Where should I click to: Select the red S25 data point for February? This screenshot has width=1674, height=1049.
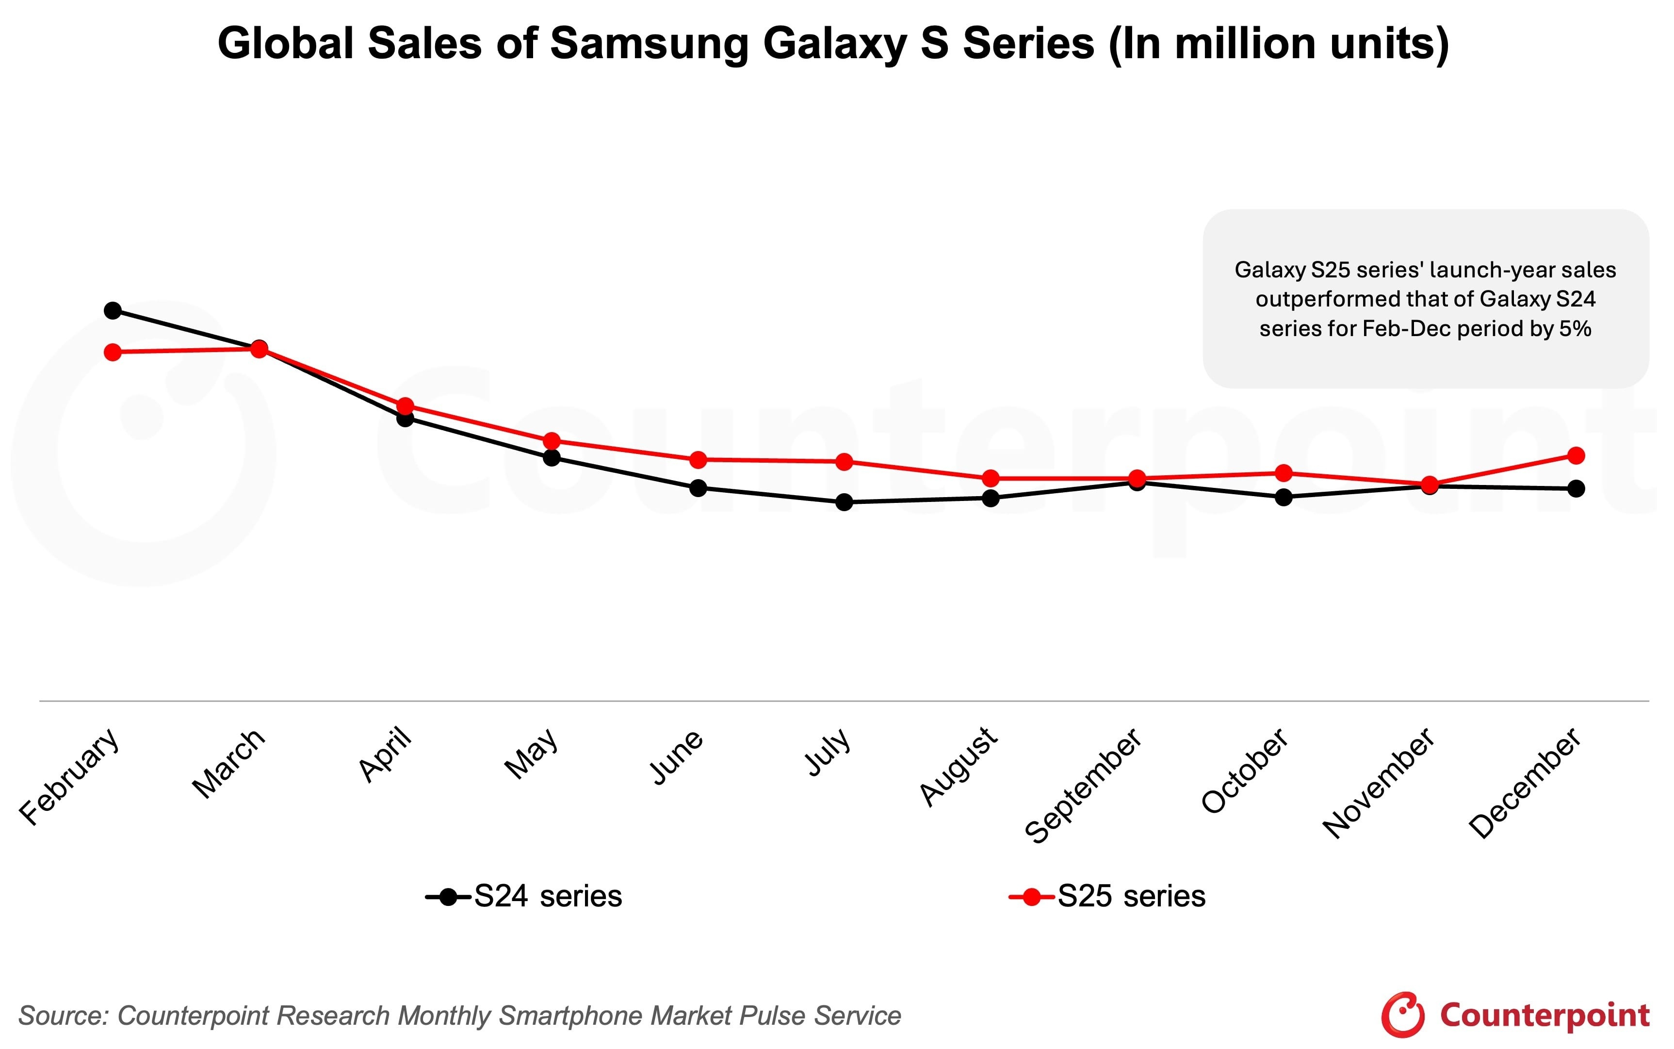pos(113,353)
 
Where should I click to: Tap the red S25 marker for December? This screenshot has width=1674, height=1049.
pos(1576,456)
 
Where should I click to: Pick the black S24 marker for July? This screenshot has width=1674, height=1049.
pos(844,502)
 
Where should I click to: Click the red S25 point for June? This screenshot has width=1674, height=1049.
pos(698,460)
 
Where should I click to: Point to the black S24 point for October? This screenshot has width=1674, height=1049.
pos(1284,498)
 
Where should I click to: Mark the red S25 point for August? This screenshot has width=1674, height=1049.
pos(991,479)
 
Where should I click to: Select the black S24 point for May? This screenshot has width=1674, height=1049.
pos(552,458)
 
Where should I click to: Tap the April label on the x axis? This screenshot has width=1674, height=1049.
pos(386,755)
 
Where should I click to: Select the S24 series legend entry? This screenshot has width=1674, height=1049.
pos(524,896)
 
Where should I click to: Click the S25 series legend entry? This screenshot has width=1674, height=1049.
pos(1108,896)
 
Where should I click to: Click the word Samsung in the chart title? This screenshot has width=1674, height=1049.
pos(650,44)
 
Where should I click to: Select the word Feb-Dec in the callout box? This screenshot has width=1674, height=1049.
pos(1406,328)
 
